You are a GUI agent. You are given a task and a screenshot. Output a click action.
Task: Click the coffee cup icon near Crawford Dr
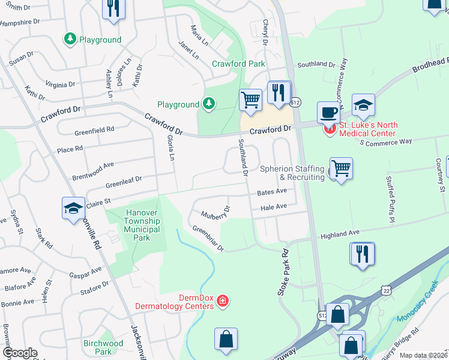point(328,112)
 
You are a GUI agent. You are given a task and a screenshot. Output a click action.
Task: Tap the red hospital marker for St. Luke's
point(329,129)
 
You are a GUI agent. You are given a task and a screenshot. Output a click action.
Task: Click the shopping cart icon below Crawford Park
point(250,100)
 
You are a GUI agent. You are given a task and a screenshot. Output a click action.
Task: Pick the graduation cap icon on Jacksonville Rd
point(73,209)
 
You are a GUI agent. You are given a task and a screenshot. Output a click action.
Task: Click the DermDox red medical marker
point(223,300)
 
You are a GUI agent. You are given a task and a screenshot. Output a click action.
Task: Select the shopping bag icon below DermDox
point(226,339)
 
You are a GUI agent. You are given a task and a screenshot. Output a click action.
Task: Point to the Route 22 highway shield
point(384,291)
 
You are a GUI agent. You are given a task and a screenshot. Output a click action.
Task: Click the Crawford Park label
point(238,63)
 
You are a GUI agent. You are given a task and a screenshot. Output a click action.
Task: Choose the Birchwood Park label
point(103,347)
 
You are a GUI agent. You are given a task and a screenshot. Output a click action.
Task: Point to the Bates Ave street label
point(272,193)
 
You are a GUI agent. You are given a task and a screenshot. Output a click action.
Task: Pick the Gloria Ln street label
point(170,148)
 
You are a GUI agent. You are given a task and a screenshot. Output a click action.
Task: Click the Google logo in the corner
point(20,353)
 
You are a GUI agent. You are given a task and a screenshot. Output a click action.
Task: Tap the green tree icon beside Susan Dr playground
point(70,40)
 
